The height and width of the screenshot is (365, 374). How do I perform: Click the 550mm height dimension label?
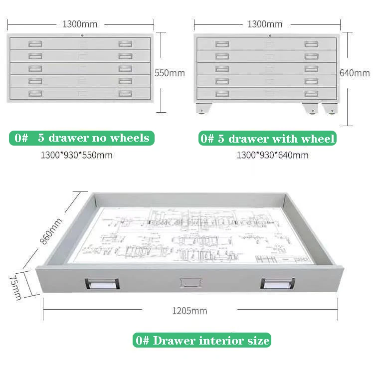point(170,73)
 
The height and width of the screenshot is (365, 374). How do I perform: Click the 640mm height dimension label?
point(355,73)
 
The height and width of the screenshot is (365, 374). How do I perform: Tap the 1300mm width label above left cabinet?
point(80,23)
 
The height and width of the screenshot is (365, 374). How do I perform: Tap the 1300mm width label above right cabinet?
point(265,24)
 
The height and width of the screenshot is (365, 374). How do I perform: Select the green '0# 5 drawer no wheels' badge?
point(81,138)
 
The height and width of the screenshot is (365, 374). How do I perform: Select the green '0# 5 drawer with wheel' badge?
point(267,138)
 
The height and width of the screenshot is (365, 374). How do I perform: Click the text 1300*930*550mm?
point(76,155)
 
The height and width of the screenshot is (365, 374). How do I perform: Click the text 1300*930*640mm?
point(272,155)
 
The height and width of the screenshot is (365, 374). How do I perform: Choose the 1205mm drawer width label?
point(189,311)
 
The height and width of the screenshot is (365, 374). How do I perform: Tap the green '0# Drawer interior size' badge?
point(202,341)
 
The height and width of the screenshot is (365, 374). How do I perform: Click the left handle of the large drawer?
point(102,283)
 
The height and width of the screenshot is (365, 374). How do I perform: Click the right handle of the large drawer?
point(277,283)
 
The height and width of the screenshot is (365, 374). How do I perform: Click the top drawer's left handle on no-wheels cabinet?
point(35,44)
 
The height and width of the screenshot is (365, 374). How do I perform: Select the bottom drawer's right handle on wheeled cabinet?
point(312,93)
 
